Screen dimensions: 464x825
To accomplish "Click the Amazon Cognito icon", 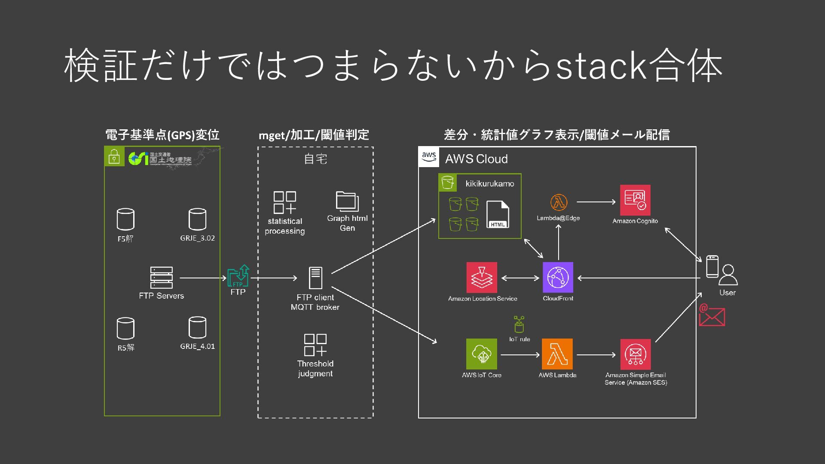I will coord(635,200).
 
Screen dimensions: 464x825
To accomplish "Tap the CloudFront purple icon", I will coord(558,278).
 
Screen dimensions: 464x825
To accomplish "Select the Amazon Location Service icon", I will coord(482,278).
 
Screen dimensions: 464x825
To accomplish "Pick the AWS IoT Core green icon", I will coord(482,354).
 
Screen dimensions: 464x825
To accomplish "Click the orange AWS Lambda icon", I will coord(557,354).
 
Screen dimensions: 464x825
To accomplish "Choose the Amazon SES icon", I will coord(635,354).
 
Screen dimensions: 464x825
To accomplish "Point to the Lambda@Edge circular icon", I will coord(559,202).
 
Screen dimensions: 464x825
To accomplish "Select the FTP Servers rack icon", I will coord(162,278).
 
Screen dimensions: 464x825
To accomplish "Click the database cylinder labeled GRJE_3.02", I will coord(197,220).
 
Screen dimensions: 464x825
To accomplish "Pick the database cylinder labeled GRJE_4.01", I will coord(197,328).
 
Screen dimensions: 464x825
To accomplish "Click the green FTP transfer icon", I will coord(238,276).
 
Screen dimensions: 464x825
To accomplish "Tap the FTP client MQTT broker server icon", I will coord(315,278).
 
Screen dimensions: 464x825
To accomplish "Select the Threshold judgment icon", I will coord(315,345).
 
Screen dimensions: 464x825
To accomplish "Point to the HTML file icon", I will coord(498,214).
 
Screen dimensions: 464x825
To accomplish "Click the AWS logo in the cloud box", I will coord(429,157).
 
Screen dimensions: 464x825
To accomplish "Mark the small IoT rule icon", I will coord(519,324).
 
